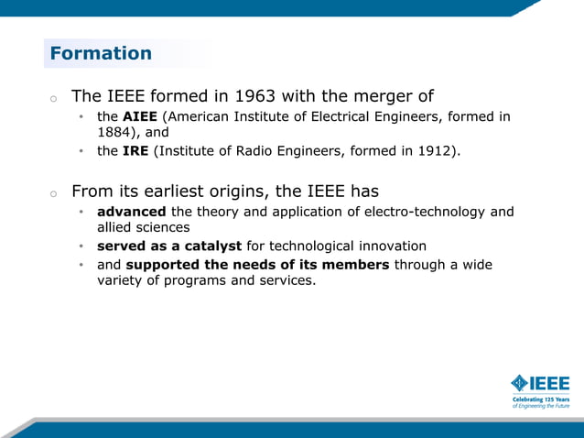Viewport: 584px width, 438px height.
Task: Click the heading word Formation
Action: tap(101, 53)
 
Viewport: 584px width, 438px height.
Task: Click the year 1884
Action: tap(115, 132)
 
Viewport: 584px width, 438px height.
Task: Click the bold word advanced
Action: tap(131, 212)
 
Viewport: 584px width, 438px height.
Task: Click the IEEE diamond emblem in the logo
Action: tap(520, 383)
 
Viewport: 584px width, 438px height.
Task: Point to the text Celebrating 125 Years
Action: tap(539, 400)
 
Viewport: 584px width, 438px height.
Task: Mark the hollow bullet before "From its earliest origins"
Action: tap(54, 193)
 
